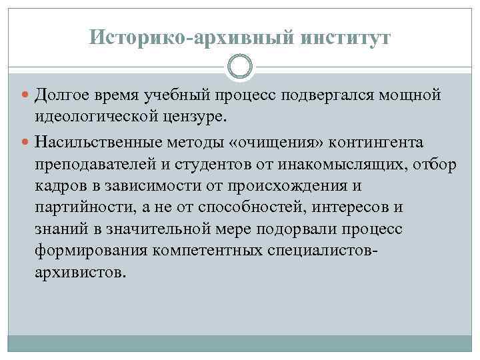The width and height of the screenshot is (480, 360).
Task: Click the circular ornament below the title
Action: point(240,67)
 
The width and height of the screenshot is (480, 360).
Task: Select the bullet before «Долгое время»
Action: point(24,96)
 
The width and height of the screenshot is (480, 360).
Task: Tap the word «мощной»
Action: point(407,95)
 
